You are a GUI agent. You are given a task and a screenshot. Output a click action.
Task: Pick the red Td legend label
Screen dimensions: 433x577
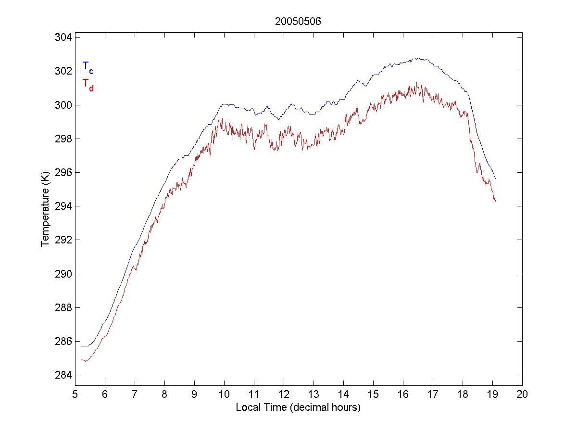[88, 84]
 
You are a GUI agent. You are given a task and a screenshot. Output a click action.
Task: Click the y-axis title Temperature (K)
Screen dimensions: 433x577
[45, 211]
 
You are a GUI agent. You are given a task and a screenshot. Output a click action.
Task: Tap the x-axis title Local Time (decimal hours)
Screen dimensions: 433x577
[298, 408]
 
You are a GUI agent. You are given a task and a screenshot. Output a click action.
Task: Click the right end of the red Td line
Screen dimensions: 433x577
[495, 201]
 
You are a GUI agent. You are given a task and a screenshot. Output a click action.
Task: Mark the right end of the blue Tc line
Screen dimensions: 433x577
[495, 178]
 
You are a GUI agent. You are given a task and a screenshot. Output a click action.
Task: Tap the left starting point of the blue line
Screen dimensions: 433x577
[81, 346]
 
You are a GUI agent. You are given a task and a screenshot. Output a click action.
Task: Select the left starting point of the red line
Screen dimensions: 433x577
[81, 359]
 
